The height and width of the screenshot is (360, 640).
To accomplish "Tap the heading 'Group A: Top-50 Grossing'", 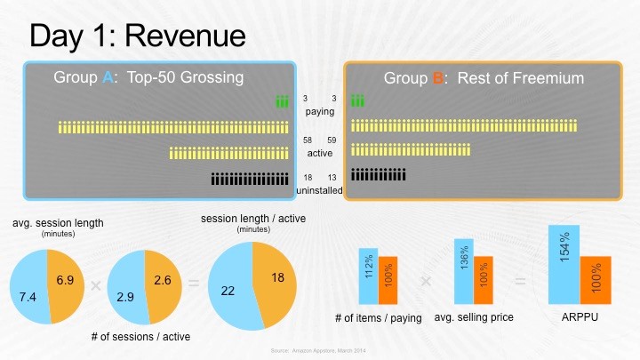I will coord(148,77).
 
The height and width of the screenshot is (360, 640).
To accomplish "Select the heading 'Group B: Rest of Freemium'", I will coord(484,78).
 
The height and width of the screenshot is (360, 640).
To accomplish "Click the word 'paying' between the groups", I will coord(319,112).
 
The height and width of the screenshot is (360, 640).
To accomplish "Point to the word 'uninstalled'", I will coord(319,189).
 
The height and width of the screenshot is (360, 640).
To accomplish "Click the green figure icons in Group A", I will coord(282,102).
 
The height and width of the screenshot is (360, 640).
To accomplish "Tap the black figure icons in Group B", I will coord(379,174).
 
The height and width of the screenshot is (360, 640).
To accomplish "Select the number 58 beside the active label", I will coord(306,140).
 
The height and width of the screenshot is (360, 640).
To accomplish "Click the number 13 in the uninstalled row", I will coord(332,178).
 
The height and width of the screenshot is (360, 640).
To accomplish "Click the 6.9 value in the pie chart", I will coord(64,280).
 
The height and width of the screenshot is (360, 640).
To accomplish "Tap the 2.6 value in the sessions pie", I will coord(164,280).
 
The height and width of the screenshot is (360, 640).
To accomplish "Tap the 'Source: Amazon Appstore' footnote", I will coord(319,352).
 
